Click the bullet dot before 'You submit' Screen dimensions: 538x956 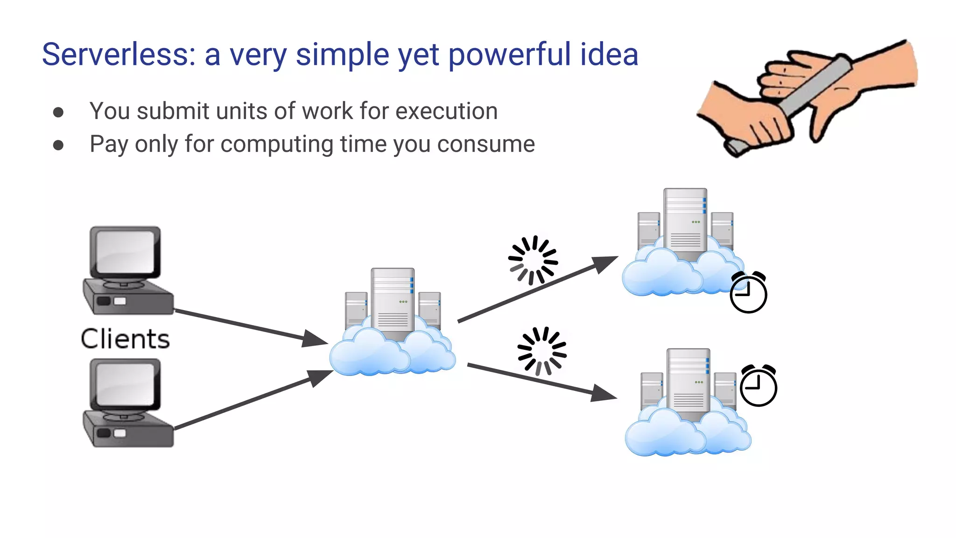point(58,112)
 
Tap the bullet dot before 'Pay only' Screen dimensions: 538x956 point(58,145)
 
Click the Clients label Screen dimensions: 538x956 point(125,339)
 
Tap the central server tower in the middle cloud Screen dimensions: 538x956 point(393,301)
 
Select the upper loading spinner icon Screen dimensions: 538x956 point(533,260)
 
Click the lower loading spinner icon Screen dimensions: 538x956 point(541,351)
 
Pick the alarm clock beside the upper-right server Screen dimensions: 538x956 point(748,292)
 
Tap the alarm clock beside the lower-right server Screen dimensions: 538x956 point(758,385)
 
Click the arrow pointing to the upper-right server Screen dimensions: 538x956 point(537,290)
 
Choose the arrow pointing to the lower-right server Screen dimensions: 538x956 point(541,381)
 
